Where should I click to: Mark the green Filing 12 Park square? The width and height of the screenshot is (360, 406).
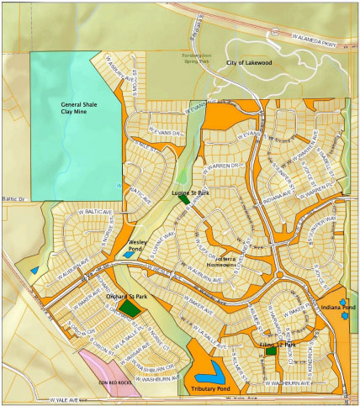271,351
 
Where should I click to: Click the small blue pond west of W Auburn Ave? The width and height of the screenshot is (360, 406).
34,270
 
